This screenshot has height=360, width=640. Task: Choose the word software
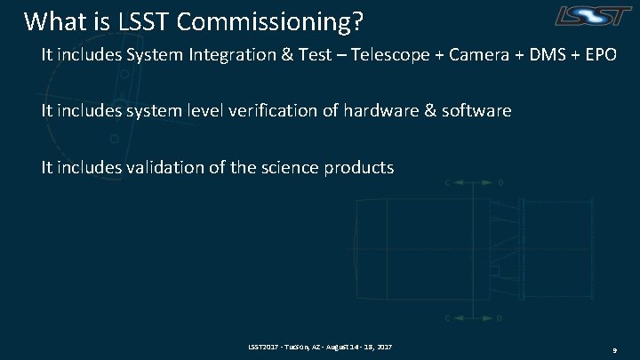tap(479, 111)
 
